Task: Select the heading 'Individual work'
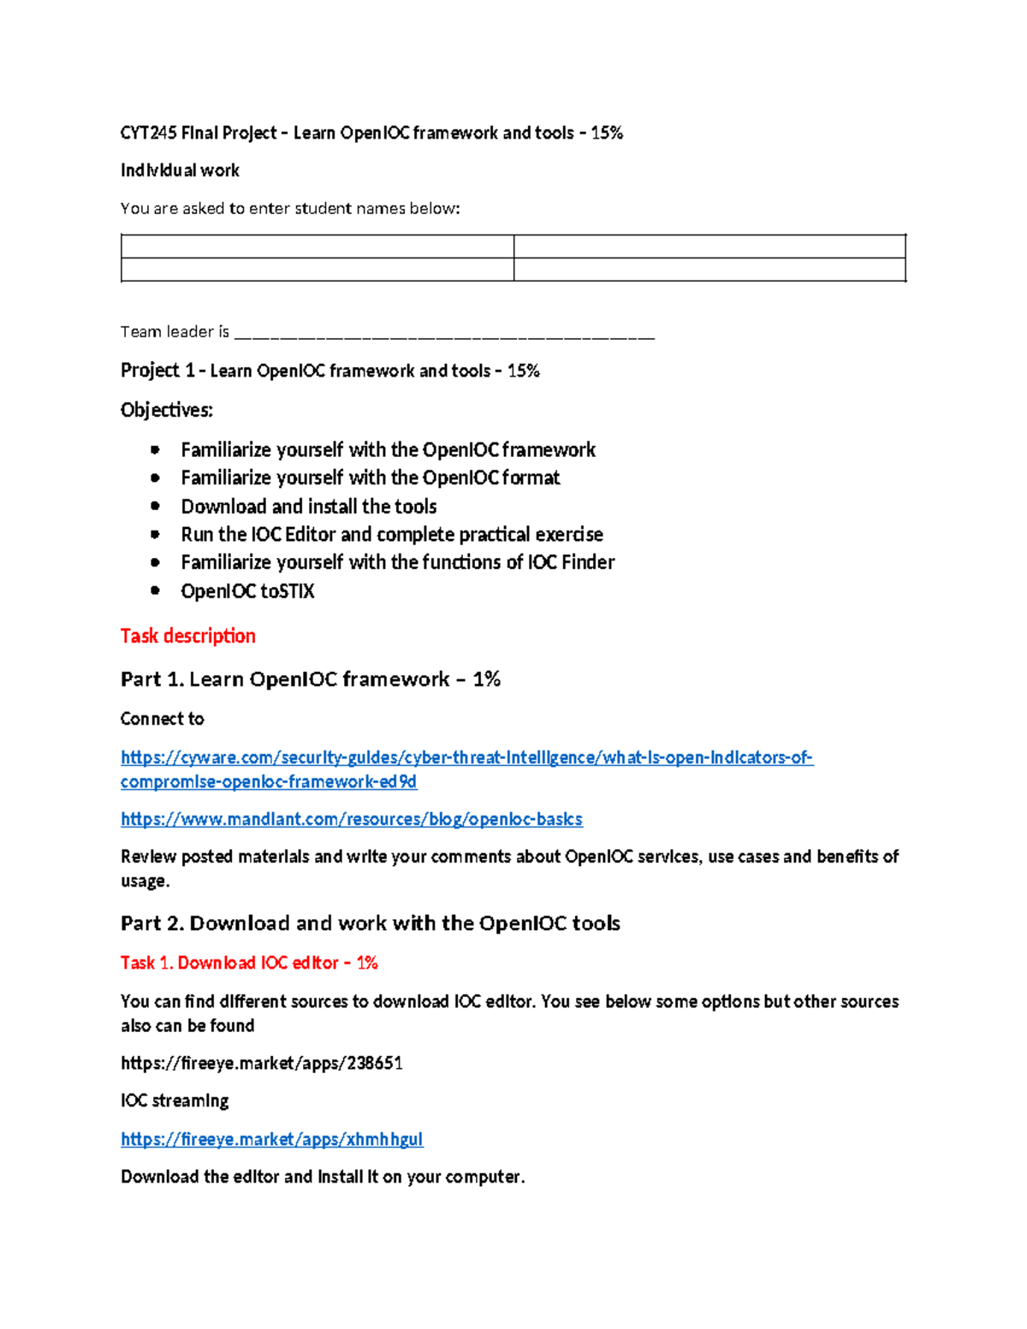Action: [x=180, y=170]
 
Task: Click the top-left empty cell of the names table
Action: [x=317, y=246]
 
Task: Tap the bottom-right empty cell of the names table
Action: [x=709, y=270]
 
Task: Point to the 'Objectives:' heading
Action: [x=167, y=410]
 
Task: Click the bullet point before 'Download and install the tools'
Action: [x=155, y=506]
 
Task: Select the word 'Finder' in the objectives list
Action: [x=588, y=562]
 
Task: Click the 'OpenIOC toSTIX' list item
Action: [x=247, y=591]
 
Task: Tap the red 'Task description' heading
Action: [x=187, y=636]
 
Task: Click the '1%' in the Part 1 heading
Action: [x=486, y=679]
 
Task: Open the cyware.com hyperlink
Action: [x=466, y=758]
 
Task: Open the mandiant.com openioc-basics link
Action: [x=351, y=820]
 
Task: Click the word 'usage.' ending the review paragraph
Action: [x=145, y=881]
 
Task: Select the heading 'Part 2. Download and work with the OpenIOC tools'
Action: [x=370, y=923]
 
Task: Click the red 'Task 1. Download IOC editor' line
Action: [x=248, y=963]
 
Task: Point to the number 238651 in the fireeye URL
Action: [x=374, y=1063]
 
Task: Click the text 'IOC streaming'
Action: [x=175, y=1101]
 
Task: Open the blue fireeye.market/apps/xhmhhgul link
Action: [x=271, y=1139]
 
